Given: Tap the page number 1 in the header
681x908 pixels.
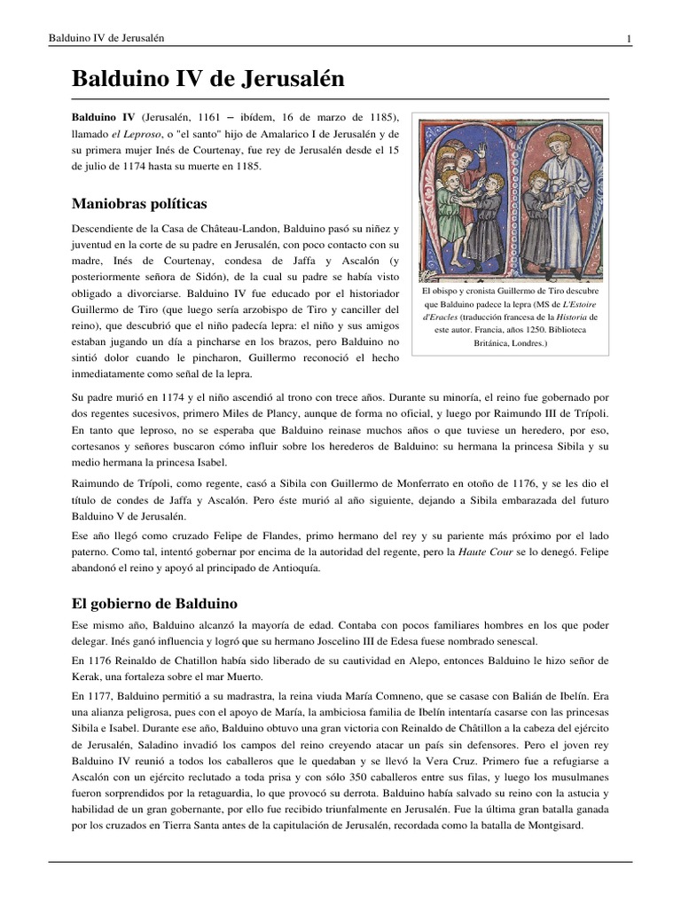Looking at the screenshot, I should point(628,37).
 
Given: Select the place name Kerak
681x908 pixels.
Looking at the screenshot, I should point(87,677).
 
